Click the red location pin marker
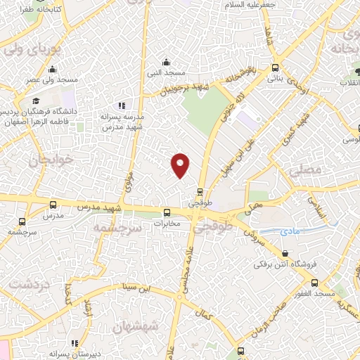coord(181,165)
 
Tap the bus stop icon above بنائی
coord(275,68)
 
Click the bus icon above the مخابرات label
coord(167,213)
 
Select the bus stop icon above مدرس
coord(53,205)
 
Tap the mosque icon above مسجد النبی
coord(166,61)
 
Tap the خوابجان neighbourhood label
coord(50,160)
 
